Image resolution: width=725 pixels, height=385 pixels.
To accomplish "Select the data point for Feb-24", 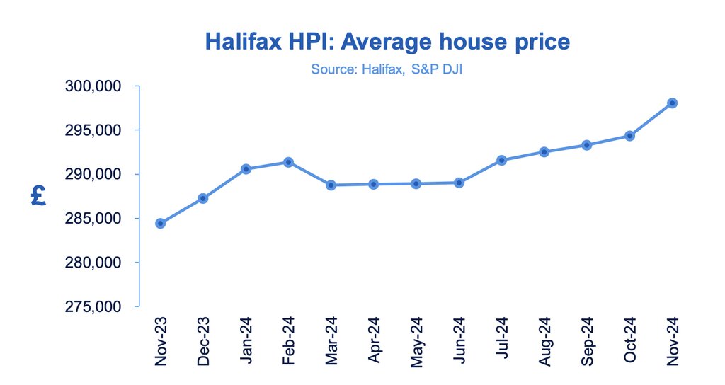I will pyautogui.click(x=288, y=162).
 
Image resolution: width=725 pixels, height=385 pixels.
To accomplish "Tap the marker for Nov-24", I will pyautogui.click(x=673, y=103).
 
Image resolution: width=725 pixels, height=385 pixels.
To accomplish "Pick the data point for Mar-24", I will pyautogui.click(x=331, y=185).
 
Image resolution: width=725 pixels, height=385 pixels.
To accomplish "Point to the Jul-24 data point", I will pyautogui.click(x=502, y=160).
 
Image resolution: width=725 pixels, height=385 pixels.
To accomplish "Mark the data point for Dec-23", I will pyautogui.click(x=203, y=198).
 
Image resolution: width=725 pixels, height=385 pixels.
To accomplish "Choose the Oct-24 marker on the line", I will pyautogui.click(x=629, y=135).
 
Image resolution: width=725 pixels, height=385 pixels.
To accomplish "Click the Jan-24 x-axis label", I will pyautogui.click(x=246, y=340).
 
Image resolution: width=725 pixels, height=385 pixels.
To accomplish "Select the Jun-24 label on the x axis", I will pyautogui.click(x=459, y=340).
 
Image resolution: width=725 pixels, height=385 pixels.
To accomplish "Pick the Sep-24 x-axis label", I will pyautogui.click(x=588, y=340).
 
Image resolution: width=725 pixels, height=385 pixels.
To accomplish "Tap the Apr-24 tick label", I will pyautogui.click(x=374, y=340).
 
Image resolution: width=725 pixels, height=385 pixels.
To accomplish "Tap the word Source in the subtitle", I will pyautogui.click(x=329, y=69).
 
